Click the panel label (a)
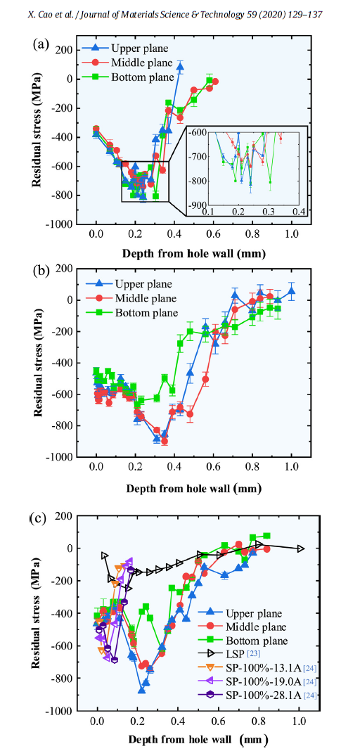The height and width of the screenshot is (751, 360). [40, 44]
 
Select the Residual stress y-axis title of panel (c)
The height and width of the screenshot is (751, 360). [35, 613]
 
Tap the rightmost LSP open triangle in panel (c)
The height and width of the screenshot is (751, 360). [301, 548]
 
